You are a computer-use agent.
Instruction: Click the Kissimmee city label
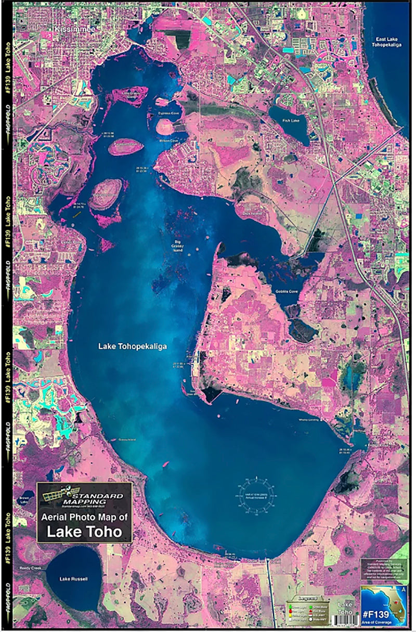tap(75, 30)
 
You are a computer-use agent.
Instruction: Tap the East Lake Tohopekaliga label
tap(391, 42)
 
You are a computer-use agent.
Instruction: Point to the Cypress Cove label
tap(168, 112)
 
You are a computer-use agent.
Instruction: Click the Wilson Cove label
tap(168, 140)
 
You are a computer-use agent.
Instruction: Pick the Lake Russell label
tap(74, 579)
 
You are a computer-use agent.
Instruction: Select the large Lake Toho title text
tap(84, 532)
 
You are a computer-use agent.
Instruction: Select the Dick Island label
tap(252, 213)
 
